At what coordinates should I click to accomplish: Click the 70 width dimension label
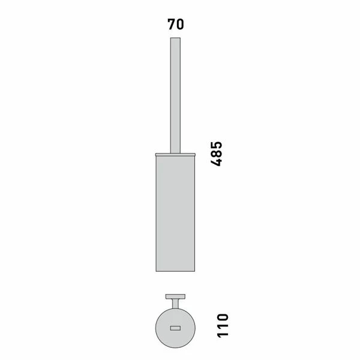(176, 25)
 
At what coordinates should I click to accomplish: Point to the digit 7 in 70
(171, 25)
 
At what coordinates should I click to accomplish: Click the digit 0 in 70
(180, 25)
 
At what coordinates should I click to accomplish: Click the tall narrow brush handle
(176, 96)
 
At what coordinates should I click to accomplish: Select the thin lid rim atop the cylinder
(176, 155)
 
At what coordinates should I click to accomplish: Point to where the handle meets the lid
(176, 153)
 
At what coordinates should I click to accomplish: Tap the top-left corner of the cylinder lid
(155, 154)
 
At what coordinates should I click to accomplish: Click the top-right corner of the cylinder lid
(196, 154)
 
